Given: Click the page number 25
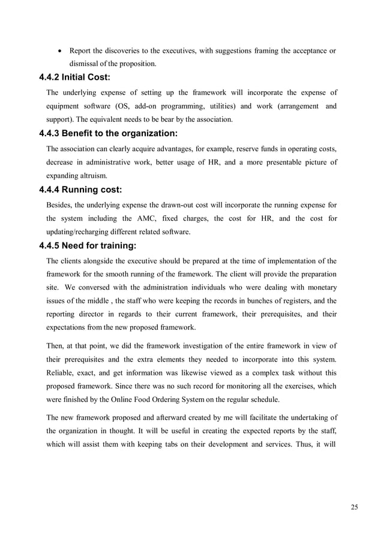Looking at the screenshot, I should click(x=354, y=507).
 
